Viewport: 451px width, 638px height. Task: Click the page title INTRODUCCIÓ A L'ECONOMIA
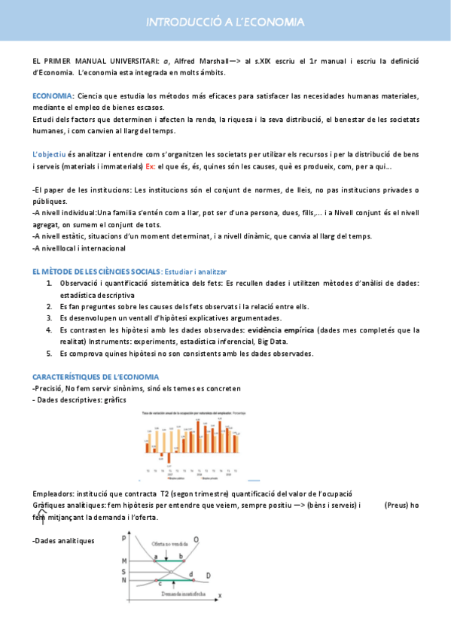[225, 23]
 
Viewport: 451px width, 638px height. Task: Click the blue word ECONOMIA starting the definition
[52, 96]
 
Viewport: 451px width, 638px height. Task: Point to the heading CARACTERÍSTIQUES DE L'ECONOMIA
[95, 376]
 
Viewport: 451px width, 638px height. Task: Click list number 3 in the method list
[49, 317]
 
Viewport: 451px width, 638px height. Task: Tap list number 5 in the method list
[49, 353]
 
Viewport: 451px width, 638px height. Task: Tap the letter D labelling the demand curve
[208, 576]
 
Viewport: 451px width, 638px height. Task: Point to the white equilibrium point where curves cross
[172, 571]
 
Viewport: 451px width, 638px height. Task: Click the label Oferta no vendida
[167, 543]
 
